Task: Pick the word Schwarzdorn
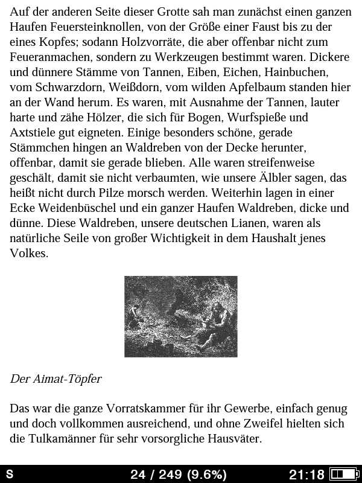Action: click(69, 88)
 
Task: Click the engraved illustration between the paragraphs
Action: click(181, 316)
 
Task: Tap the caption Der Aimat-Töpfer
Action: click(56, 379)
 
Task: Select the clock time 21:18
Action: click(306, 475)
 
